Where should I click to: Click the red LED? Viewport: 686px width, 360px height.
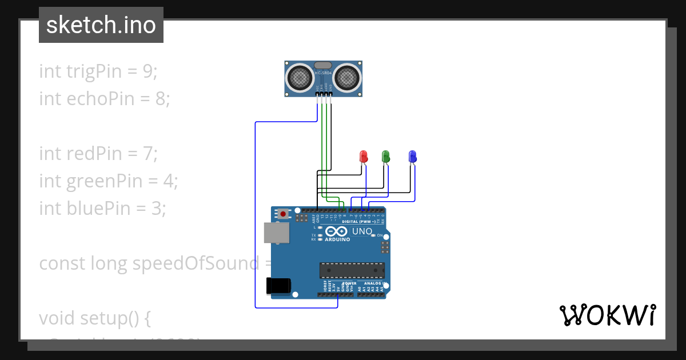tap(363, 156)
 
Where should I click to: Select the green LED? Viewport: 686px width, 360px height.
tap(385, 155)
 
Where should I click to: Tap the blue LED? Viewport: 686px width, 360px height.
tap(413, 156)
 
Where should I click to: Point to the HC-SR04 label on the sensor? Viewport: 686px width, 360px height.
tap(323, 73)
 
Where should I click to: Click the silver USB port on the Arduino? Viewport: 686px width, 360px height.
tap(277, 232)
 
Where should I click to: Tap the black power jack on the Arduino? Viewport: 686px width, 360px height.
tap(279, 285)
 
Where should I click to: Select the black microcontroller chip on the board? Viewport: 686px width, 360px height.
tap(352, 270)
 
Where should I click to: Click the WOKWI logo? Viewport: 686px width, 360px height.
tap(607, 315)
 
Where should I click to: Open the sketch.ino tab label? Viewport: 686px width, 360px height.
tap(101, 25)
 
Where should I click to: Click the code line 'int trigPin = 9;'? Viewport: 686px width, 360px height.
tap(98, 71)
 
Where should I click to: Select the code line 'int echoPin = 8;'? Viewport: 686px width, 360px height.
tap(105, 99)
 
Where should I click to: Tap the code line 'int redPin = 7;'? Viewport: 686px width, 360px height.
tap(98, 154)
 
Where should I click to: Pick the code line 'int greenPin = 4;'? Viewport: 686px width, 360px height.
tap(109, 181)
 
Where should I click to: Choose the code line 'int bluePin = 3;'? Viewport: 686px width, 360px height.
tap(102, 209)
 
